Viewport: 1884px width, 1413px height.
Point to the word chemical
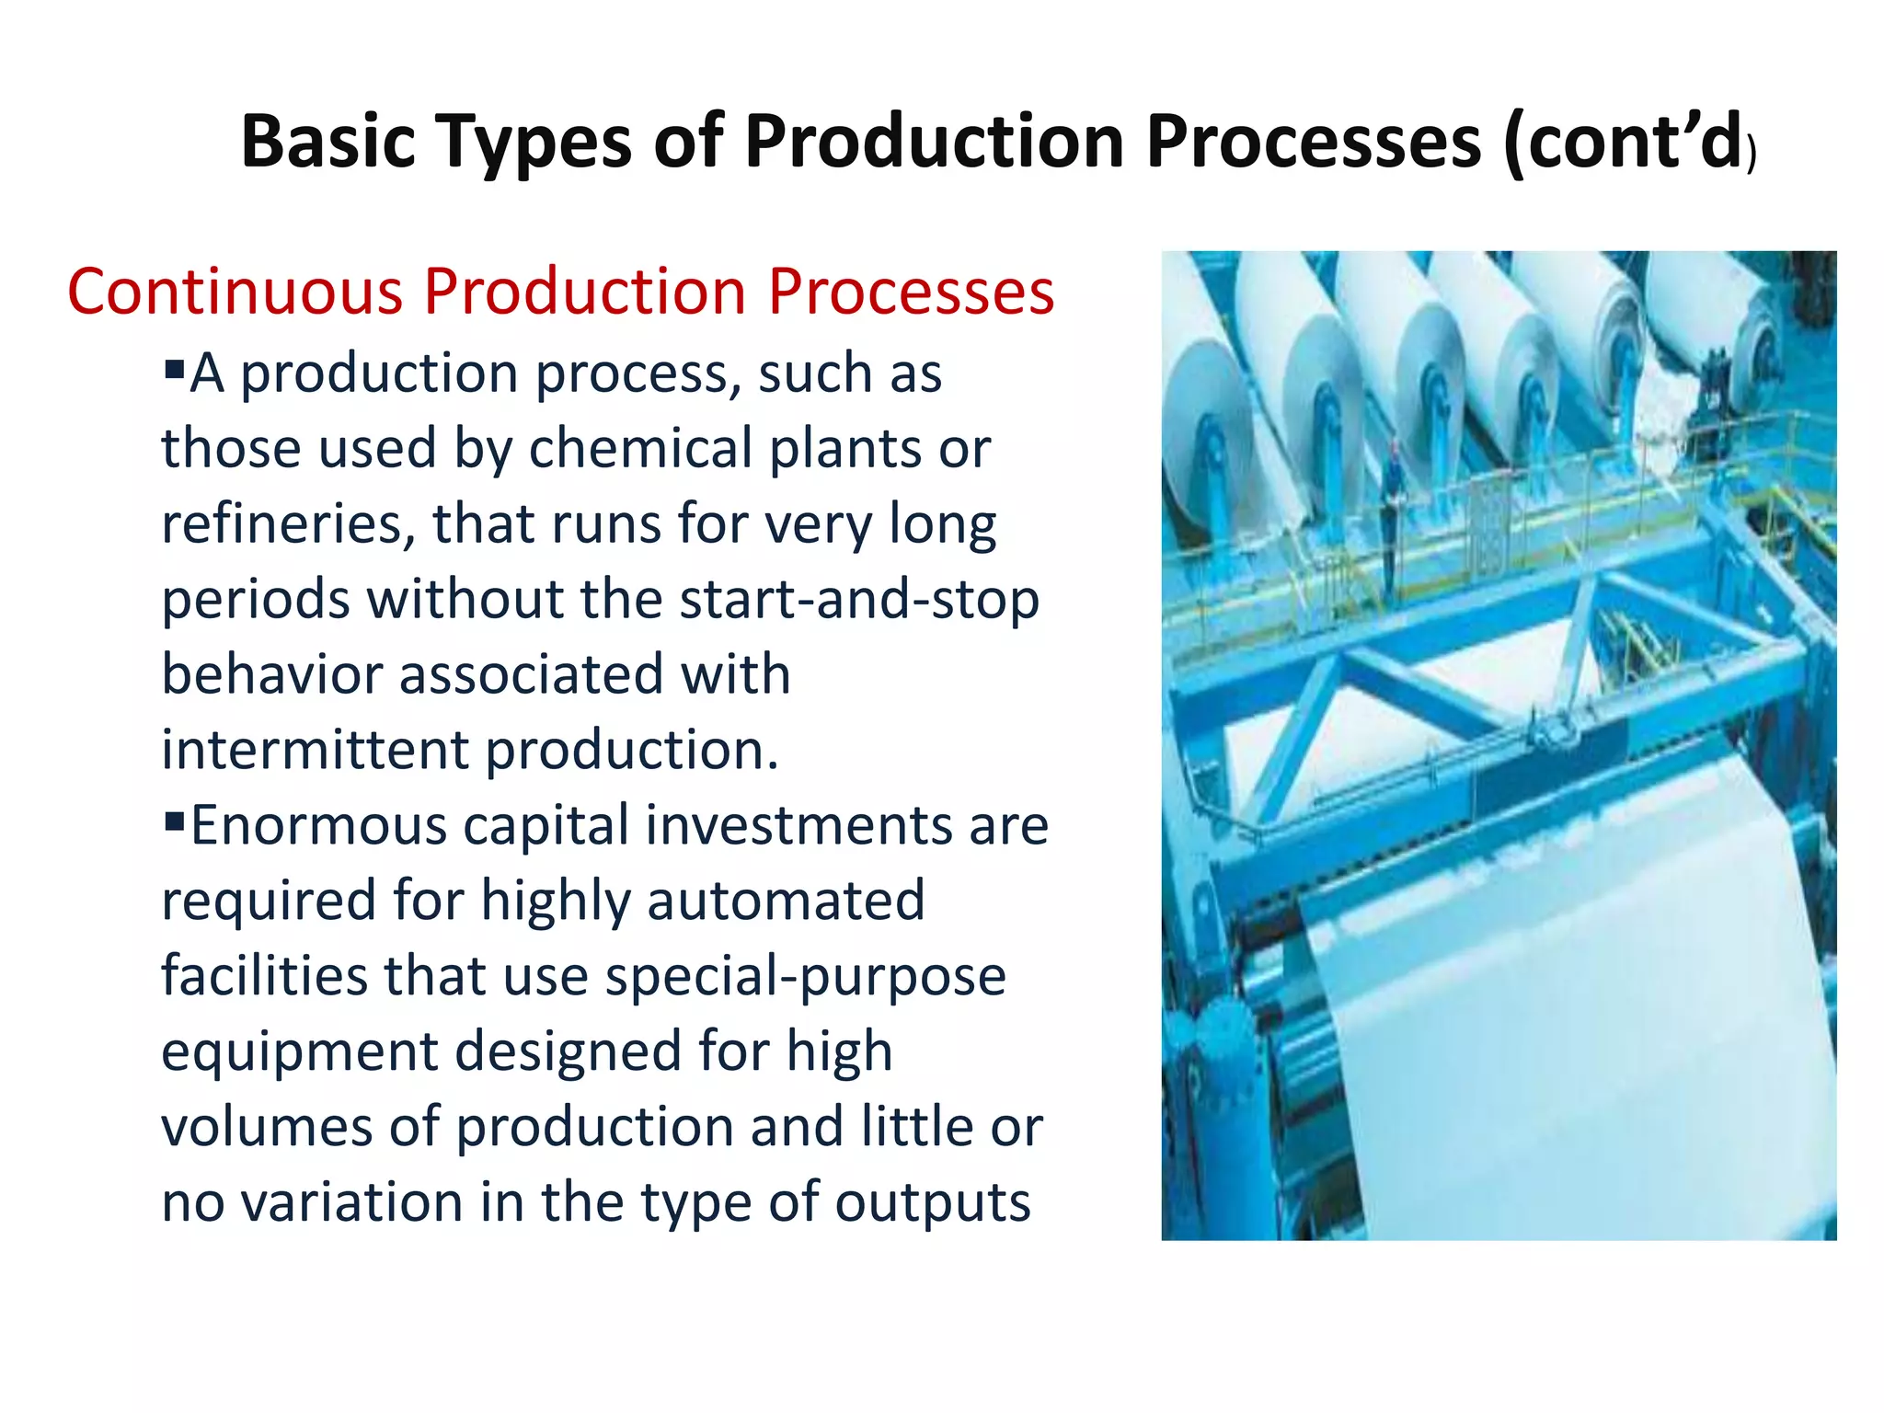tap(640, 448)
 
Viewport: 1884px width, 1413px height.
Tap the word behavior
tap(272, 674)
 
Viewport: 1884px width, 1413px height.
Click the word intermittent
tap(315, 750)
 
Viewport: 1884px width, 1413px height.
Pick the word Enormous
tap(317, 825)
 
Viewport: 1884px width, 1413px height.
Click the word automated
tap(786, 901)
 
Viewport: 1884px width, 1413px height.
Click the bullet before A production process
tap(174, 370)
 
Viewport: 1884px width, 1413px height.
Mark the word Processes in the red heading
tap(911, 292)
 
